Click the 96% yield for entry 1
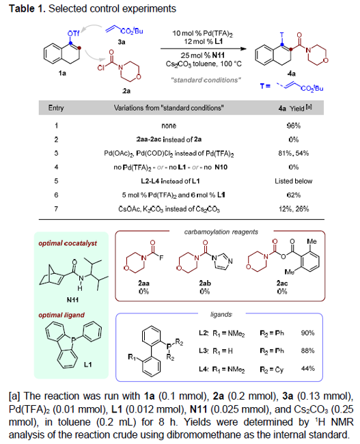(x=294, y=126)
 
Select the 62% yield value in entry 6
(x=294, y=195)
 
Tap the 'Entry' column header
(x=56, y=108)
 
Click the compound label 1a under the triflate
(x=62, y=73)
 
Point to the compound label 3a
(x=122, y=42)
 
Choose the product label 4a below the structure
(x=292, y=74)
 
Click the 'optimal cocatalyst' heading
(x=68, y=243)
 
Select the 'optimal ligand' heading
(x=61, y=315)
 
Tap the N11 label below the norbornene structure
(x=72, y=299)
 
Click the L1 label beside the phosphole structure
(x=88, y=364)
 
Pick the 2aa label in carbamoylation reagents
(x=144, y=283)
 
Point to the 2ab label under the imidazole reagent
(x=205, y=283)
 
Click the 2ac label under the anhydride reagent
(x=282, y=283)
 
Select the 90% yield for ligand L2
(x=307, y=333)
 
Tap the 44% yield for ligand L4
(x=307, y=369)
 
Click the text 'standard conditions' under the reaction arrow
(x=206, y=80)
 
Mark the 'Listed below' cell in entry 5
(x=294, y=181)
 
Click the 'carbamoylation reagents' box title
(x=221, y=232)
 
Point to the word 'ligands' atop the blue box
(x=221, y=315)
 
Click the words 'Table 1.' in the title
(x=27, y=8)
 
